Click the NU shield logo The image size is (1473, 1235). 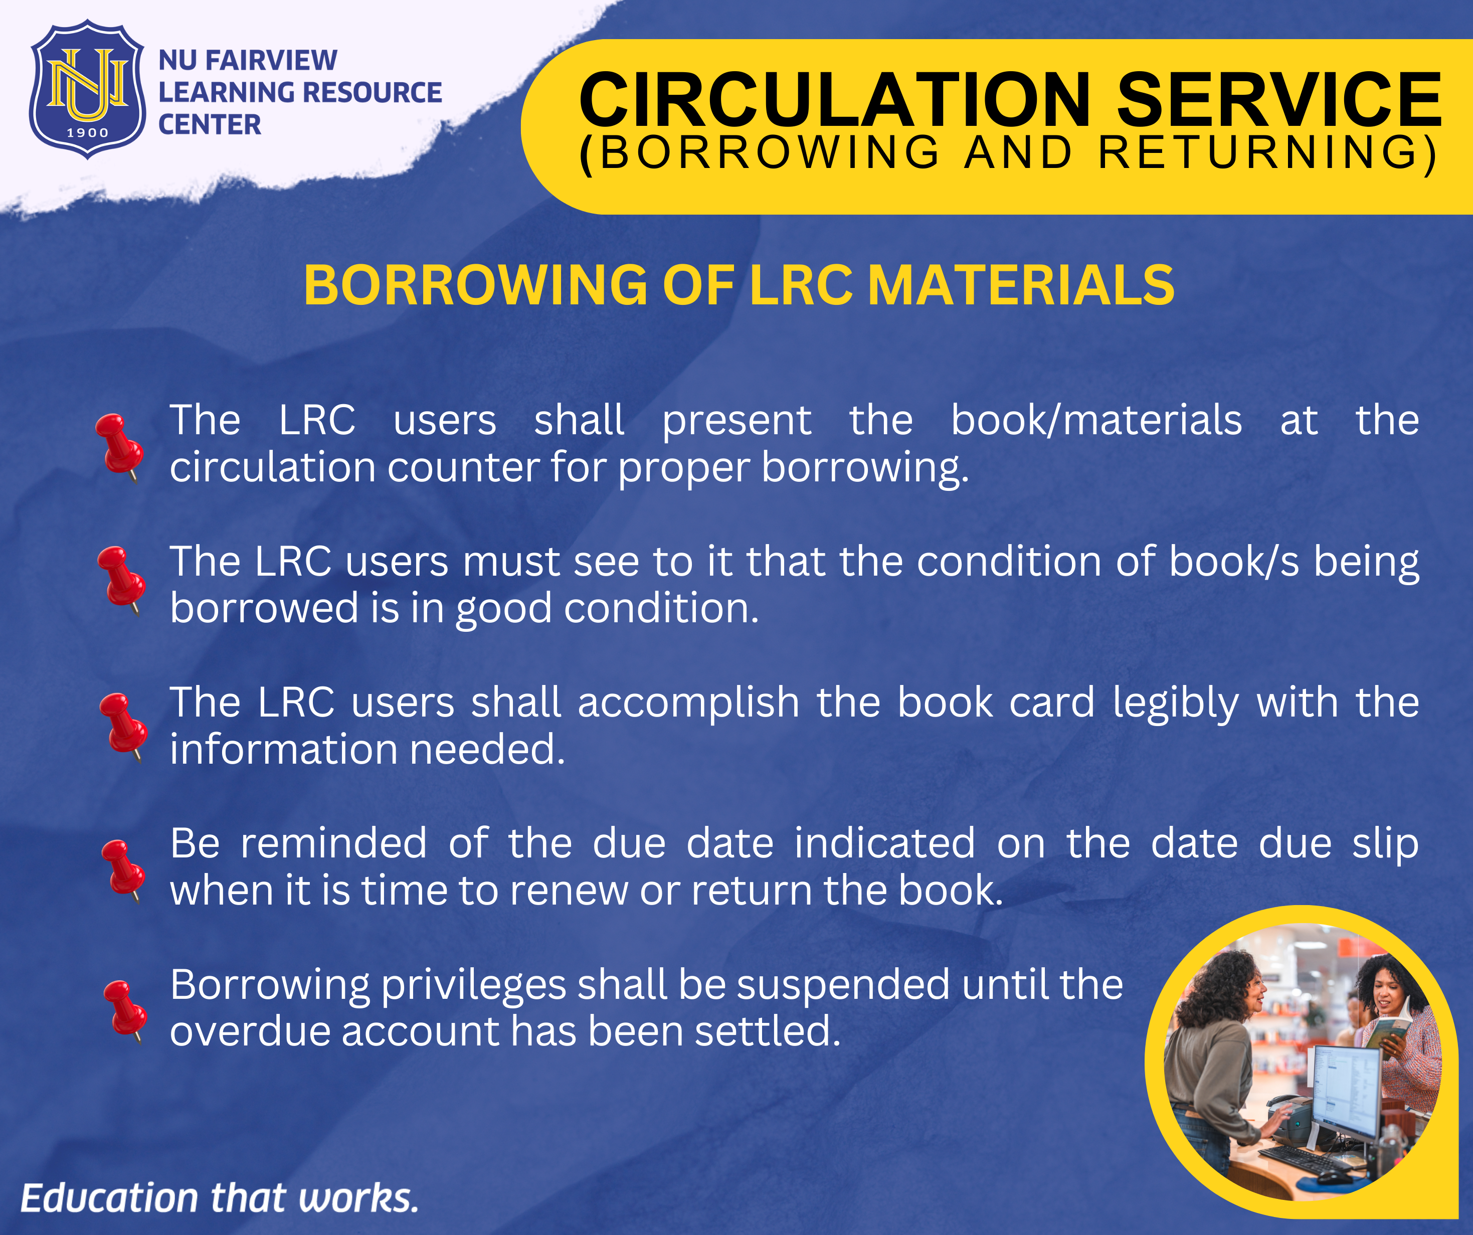[x=88, y=90]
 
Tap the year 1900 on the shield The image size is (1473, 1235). [x=88, y=132]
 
